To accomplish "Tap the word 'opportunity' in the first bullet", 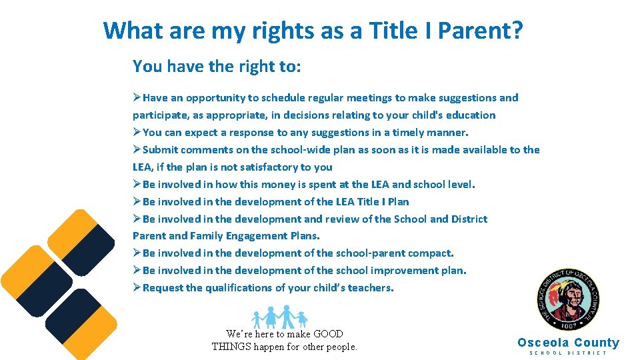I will coord(215,98).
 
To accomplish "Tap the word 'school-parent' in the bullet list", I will coord(369,253).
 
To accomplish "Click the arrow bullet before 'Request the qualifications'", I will coord(137,288).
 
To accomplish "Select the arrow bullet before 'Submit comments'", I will coord(137,150).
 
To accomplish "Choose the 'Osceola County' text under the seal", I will coord(568,343).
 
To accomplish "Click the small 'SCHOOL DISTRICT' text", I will coord(568,353).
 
